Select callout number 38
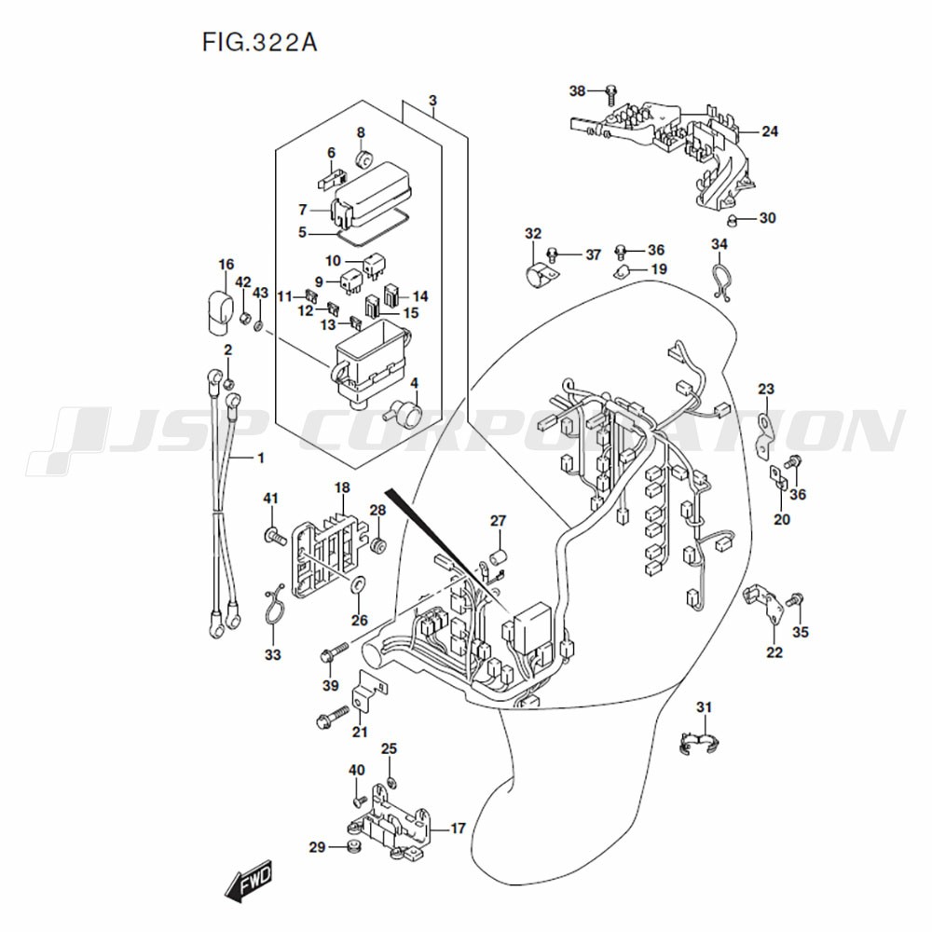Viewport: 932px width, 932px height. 578,90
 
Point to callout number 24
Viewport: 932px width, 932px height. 769,131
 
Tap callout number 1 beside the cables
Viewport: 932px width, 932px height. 261,458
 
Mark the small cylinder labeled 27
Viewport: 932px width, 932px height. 498,557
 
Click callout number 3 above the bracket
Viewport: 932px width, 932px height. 432,100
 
